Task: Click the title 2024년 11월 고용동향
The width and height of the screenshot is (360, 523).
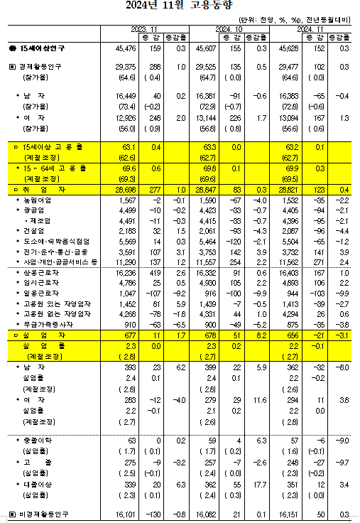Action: pos(180,9)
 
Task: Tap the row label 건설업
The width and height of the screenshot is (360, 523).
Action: pos(33,232)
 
